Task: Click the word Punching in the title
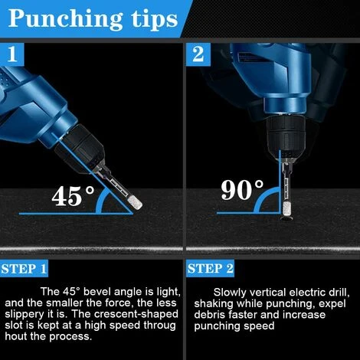[65, 19]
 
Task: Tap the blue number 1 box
[12, 54]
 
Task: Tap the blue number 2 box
[198, 54]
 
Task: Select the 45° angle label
[73, 196]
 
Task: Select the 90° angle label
[242, 189]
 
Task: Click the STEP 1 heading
[24, 269]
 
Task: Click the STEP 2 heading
[210, 269]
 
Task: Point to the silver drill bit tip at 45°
[135, 203]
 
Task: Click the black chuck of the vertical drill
[286, 133]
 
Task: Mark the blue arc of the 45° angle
[100, 201]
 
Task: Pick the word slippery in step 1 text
[23, 315]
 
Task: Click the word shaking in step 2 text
[214, 304]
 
